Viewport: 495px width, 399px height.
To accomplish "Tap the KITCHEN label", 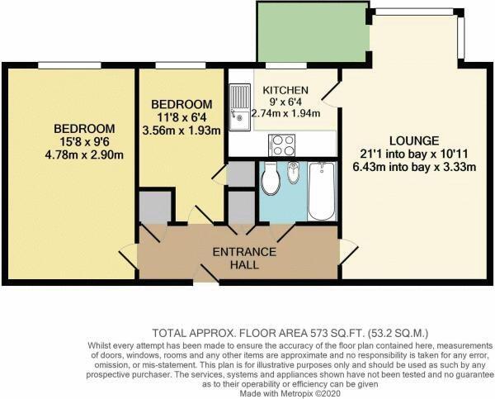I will [x=285, y=90].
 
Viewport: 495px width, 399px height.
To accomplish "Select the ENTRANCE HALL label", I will [x=238, y=259].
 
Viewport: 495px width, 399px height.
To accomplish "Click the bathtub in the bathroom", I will [x=321, y=191].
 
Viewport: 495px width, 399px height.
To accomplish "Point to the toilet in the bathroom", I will [x=271, y=183].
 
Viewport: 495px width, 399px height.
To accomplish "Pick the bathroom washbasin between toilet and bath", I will [x=295, y=175].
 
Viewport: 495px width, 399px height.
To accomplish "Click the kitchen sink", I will [x=240, y=107].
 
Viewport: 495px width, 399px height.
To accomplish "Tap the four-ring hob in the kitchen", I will [x=284, y=145].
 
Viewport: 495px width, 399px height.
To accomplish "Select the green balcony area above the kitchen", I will [x=310, y=33].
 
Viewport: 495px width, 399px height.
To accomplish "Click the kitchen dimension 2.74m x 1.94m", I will [x=285, y=113].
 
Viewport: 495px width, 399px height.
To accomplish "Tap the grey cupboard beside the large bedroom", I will [x=154, y=207].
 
